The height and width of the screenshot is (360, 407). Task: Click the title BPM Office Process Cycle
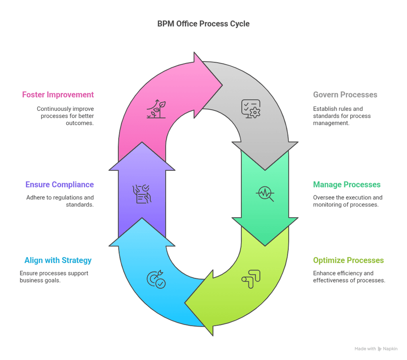(203, 24)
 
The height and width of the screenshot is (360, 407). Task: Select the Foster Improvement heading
(58, 95)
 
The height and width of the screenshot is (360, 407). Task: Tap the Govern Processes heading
(345, 95)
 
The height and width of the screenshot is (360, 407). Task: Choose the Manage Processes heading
(347, 184)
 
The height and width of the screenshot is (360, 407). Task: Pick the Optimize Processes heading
(348, 260)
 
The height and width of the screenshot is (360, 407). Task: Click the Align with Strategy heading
(58, 260)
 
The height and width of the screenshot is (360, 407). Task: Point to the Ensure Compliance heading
(60, 184)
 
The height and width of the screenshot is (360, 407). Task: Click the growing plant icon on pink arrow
(156, 109)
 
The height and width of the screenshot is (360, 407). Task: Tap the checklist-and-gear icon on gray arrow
(251, 108)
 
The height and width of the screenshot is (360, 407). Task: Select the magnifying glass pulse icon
(265, 194)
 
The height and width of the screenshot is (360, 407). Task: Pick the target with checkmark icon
(156, 279)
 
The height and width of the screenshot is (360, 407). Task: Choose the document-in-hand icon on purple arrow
(141, 194)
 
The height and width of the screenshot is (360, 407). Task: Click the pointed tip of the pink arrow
(221, 85)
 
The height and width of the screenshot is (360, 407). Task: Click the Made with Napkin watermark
(376, 349)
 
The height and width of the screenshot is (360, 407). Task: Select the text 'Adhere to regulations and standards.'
(60, 201)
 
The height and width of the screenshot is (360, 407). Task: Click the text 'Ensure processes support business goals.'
(54, 277)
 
